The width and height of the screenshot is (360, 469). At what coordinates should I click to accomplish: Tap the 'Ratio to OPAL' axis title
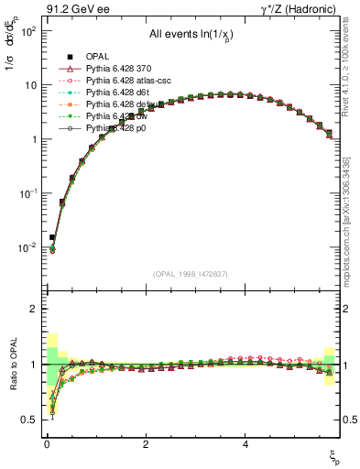(x=12, y=364)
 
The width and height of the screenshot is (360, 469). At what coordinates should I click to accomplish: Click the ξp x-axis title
(x=335, y=456)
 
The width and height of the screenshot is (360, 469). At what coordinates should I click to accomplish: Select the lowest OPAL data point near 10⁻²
(x=52, y=237)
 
